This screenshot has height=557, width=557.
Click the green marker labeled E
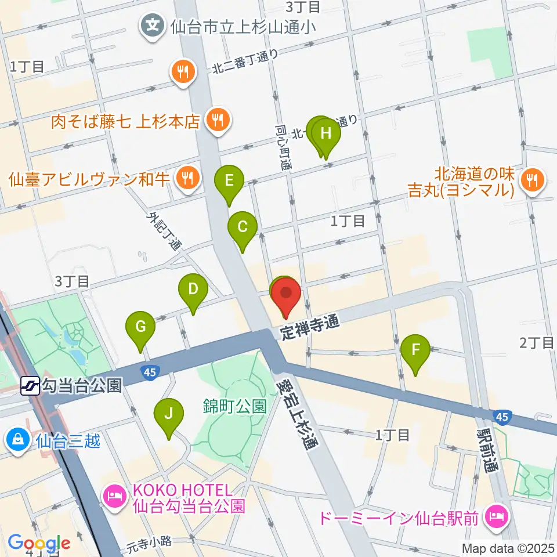(x=229, y=180)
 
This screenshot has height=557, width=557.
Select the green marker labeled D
(x=193, y=289)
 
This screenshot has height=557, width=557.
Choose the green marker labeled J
(x=169, y=414)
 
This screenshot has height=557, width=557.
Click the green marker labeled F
(x=415, y=350)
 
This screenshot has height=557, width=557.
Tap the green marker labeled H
(x=326, y=134)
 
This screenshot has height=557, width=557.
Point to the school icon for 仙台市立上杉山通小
(x=153, y=26)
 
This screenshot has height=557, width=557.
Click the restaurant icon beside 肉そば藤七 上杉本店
(x=219, y=121)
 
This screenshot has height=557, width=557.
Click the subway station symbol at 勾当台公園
(x=30, y=385)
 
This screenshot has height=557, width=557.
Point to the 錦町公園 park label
(x=234, y=406)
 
